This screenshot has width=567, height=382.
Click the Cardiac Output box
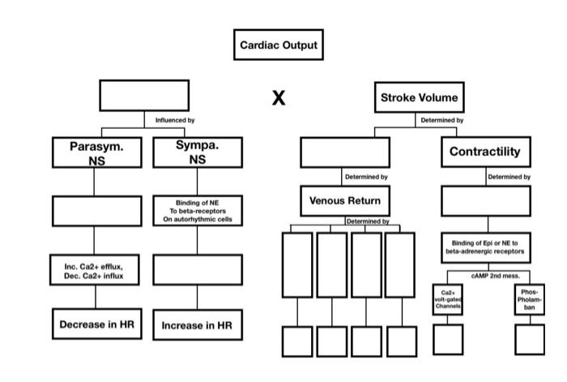coord(279,46)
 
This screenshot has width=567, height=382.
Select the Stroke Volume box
coord(419,98)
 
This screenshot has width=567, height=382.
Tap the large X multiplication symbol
coord(279,98)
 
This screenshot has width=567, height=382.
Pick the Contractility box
coord(485,152)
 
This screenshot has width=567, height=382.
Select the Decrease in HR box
coord(95,324)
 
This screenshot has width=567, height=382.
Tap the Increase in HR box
coord(198,325)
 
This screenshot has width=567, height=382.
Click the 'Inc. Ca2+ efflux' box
coord(95,270)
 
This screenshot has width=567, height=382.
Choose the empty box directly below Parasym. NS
coord(95,210)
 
